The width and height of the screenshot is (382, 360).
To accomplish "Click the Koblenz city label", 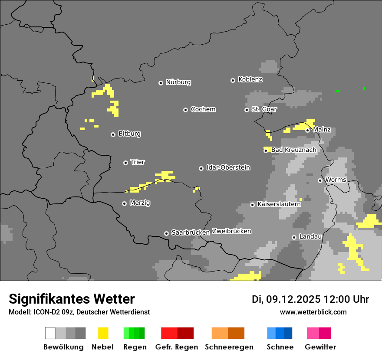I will coord(250,79).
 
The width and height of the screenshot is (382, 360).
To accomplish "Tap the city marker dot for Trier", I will coord(126,163).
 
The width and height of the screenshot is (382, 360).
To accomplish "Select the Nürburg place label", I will coord(178,82).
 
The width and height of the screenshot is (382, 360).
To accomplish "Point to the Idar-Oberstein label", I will coord(228,167).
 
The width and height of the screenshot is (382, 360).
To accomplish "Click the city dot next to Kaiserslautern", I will coord(252,205).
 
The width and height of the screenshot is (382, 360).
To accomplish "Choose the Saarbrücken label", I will coord(190,232).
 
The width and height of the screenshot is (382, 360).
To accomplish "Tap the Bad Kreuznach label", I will coord(293,150).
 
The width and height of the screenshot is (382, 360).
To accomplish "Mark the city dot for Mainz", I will coord(307,130).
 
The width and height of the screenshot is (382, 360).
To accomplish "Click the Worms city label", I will coord(335,180).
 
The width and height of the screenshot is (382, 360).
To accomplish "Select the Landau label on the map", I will coord(310,237).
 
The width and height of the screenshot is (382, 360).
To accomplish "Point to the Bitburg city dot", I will coord(113,134).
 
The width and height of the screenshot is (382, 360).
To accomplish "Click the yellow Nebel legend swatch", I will coord(103,333).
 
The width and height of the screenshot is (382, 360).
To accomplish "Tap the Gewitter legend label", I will coord(320,347).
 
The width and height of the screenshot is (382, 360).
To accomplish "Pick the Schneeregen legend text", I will coord(229,347).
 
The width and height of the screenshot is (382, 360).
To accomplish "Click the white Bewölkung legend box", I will coord(50,333).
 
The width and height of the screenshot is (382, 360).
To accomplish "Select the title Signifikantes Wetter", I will coord(72,299).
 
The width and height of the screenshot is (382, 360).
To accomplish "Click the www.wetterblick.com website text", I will coord(313,312).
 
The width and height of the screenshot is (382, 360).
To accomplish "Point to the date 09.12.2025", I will coord(293,299).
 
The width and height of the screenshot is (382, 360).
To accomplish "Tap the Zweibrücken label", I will coord(231,231).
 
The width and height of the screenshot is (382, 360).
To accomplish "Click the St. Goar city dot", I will coord(247,110).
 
